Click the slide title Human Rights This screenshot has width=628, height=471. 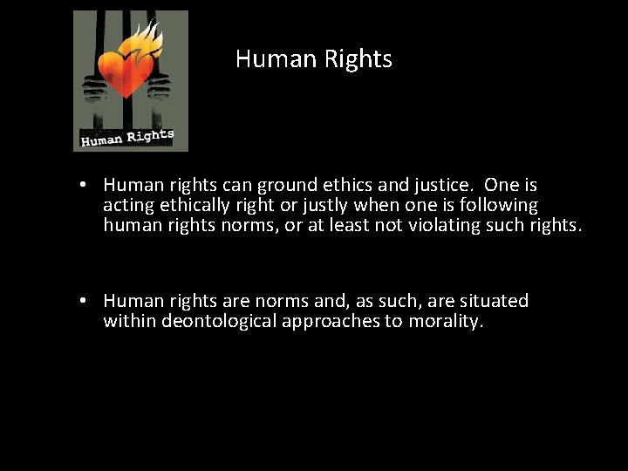point(314,59)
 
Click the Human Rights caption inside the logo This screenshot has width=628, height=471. point(127,137)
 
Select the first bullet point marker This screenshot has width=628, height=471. point(79,185)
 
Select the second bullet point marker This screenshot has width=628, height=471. point(79,301)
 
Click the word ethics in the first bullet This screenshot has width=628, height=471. point(347,185)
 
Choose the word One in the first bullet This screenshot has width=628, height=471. point(501,185)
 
